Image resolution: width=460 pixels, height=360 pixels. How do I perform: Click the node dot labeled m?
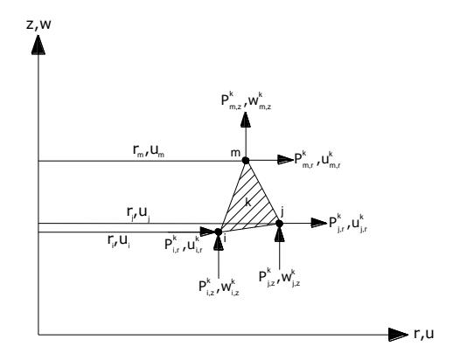[246, 161]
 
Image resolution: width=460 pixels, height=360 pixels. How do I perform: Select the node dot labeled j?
[279, 224]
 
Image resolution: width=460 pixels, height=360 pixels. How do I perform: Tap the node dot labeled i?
[219, 232]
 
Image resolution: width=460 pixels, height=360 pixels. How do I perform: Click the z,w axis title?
[38, 24]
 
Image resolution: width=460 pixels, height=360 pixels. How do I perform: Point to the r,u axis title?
[423, 334]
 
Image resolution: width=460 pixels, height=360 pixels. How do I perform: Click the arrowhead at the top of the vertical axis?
[38, 45]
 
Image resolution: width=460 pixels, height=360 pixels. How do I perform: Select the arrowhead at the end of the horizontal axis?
[398, 335]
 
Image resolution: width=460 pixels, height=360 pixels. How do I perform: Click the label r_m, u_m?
[149, 150]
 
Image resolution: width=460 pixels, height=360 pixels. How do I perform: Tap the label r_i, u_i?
[119, 241]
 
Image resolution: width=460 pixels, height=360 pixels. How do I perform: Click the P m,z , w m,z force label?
[246, 100]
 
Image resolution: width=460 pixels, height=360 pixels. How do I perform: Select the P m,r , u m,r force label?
[317, 160]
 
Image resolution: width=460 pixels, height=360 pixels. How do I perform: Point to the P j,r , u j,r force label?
[348, 224]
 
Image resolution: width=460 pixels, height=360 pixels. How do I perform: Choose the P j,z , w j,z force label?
[279, 277]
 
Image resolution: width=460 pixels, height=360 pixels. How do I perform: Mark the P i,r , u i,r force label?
[184, 244]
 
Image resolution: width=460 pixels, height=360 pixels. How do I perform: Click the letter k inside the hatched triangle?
[247, 202]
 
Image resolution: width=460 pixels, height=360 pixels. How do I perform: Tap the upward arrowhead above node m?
[246, 120]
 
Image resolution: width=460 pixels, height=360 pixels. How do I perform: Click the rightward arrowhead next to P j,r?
[319, 223]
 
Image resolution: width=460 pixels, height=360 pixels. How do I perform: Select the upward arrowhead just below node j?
[279, 234]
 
